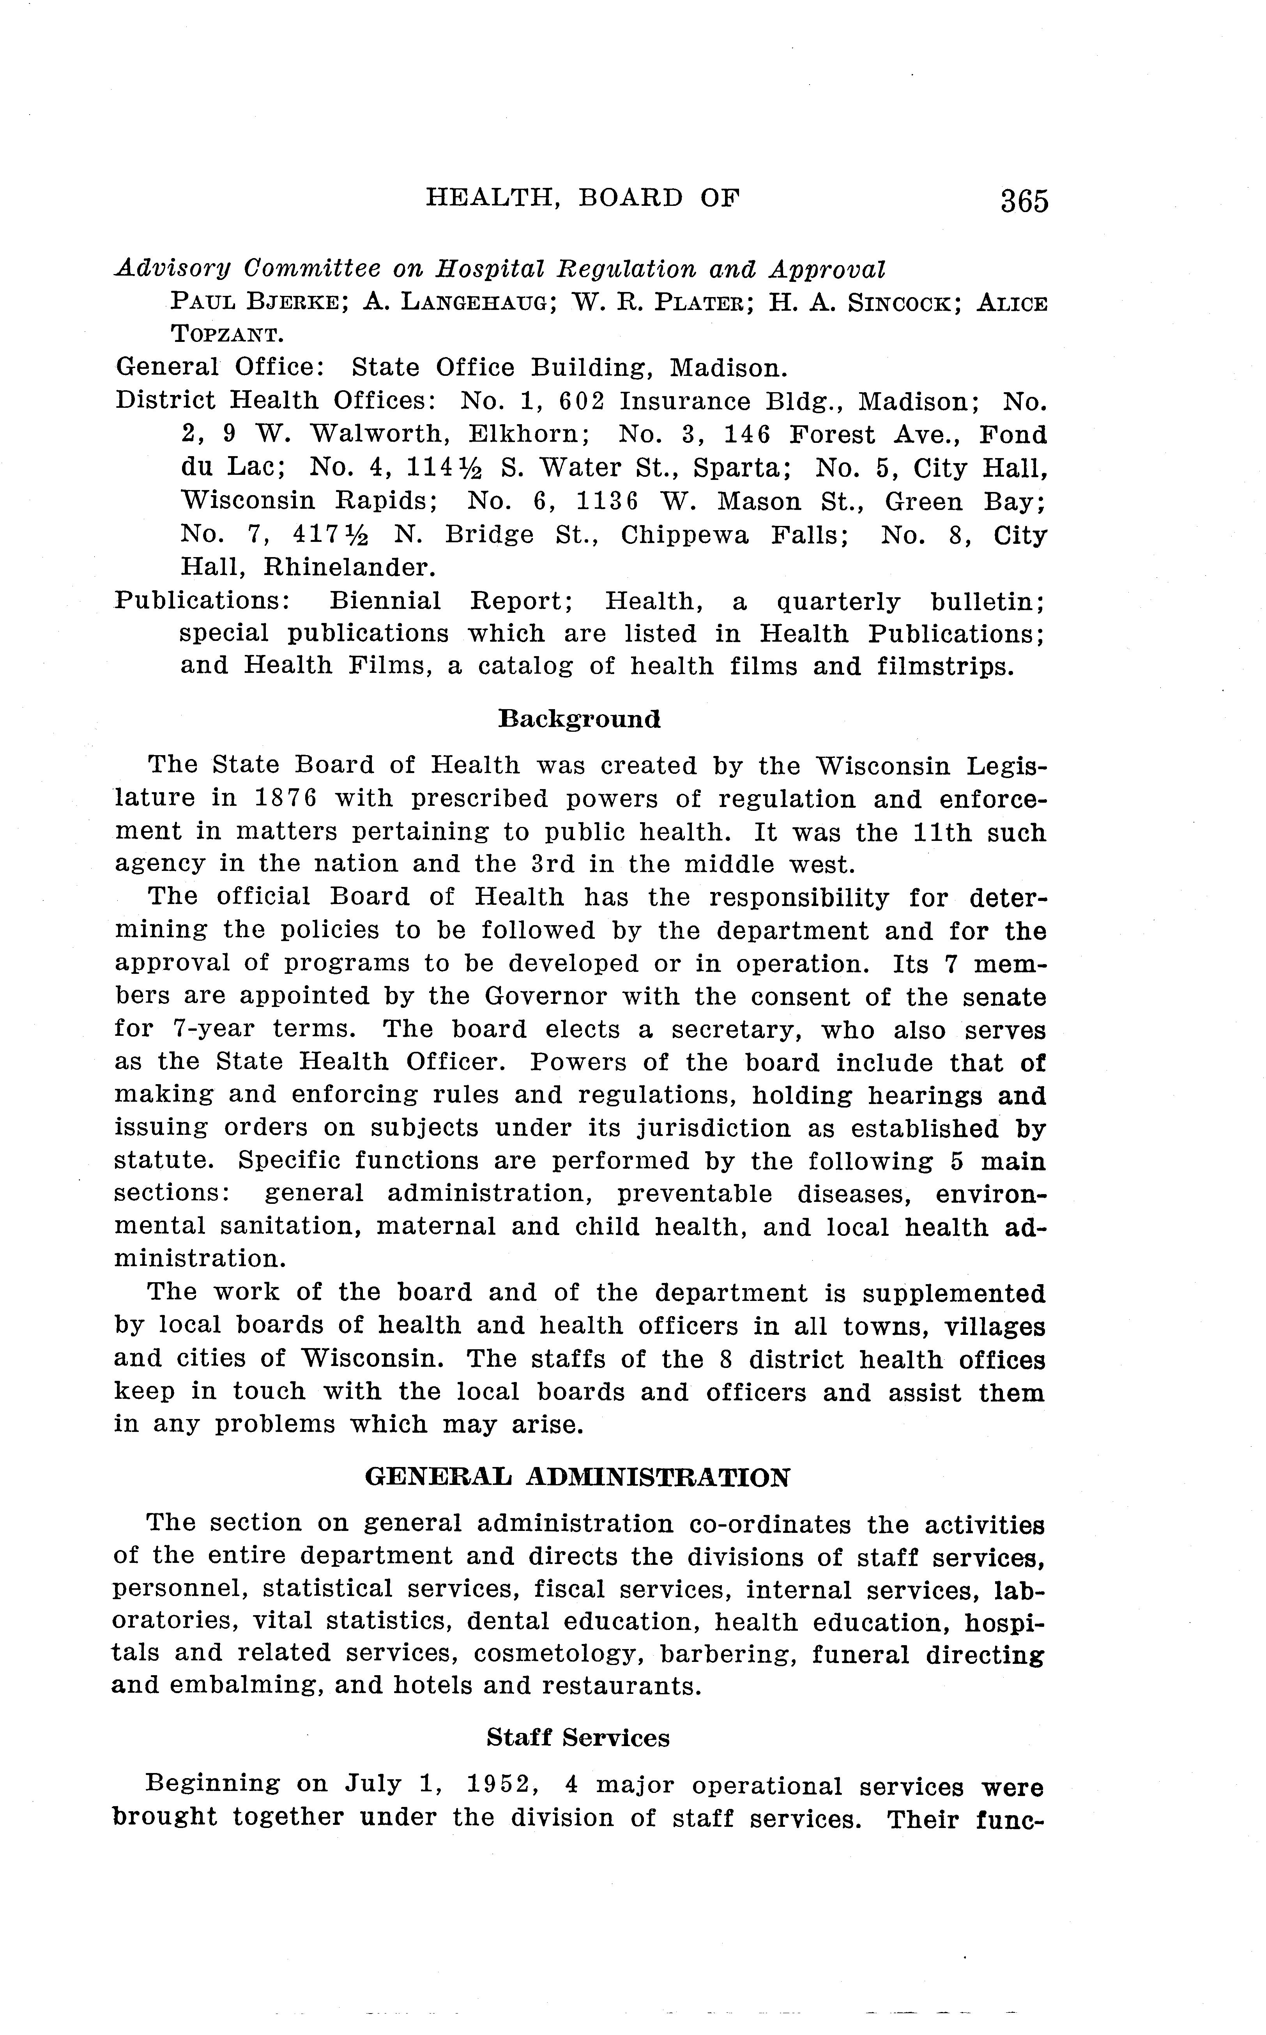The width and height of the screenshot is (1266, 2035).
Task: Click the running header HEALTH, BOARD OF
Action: [583, 198]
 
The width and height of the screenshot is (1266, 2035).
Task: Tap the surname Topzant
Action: [228, 335]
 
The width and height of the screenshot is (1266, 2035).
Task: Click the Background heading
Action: [580, 718]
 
